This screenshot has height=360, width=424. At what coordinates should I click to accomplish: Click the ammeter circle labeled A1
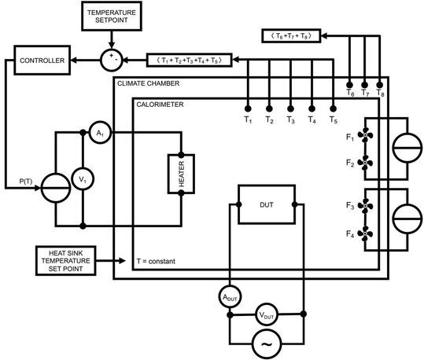point(99,134)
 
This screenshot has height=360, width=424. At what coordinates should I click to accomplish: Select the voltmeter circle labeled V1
point(83,180)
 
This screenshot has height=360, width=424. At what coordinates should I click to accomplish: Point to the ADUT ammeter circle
point(229,296)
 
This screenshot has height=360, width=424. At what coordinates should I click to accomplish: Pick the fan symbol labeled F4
point(364,233)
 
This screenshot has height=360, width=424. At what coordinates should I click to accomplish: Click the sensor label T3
point(290,119)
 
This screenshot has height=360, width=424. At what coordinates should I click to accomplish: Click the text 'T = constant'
point(160,260)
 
